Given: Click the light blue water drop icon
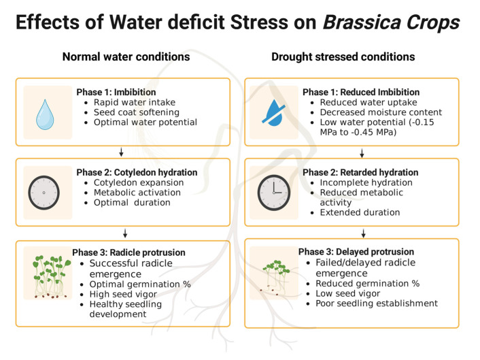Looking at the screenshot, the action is pos(45,114).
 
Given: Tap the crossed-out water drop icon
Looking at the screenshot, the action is pos(274,112).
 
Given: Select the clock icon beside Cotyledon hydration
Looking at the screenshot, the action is pos(44,193).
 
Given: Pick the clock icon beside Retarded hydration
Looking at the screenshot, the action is pos(274,193).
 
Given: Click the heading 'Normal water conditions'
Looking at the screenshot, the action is pos(126,56).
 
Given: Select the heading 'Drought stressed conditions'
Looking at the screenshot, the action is pos(343,56).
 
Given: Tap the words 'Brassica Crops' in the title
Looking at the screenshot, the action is pos(391,22).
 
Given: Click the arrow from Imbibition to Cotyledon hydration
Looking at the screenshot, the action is pos(121,152).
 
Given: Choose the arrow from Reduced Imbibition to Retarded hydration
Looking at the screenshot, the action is pos(362,153).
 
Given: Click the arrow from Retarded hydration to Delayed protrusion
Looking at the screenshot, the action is pos(363,233).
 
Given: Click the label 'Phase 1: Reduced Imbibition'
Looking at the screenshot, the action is pos(361,93).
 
